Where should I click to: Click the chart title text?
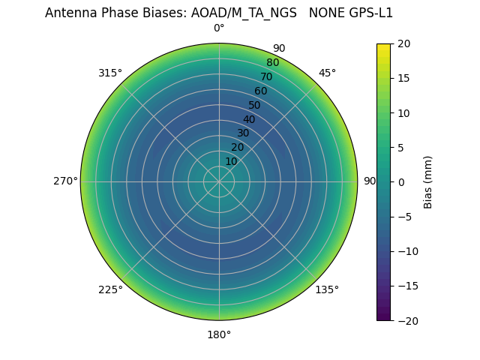[219, 13]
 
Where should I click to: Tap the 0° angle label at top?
[219, 28]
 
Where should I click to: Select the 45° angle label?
[328, 73]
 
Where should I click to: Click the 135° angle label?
[327, 290]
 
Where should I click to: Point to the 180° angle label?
[219, 334]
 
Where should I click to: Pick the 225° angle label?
[110, 290]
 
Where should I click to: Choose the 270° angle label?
[65, 181]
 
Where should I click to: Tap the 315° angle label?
[110, 73]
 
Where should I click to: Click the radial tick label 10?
[231, 161]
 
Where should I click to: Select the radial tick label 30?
[243, 133]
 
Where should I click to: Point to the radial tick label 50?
[255, 105]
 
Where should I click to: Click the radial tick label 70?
[266, 76]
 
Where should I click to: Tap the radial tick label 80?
[272, 63]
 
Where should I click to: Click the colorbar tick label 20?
[403, 43]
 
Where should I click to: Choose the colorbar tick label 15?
[403, 78]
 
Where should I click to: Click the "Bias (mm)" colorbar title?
[428, 182]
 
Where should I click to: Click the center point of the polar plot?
[219, 181]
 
